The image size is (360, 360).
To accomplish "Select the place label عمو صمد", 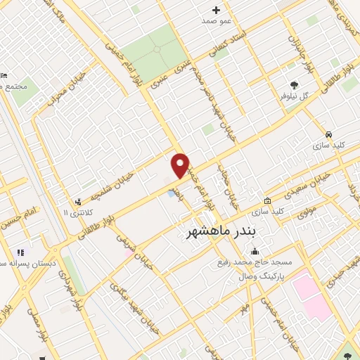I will pyautogui.click(x=217, y=22).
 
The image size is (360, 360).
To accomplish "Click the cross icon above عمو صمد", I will pyautogui.click(x=217, y=10).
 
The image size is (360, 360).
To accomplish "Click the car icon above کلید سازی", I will pyautogui.click(x=328, y=134).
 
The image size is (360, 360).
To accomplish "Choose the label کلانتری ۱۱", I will pyautogui.click(x=77, y=211).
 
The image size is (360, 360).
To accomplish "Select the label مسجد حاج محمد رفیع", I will pyautogui.click(x=253, y=263).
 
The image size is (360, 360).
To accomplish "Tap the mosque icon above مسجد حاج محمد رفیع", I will pyautogui.click(x=254, y=251).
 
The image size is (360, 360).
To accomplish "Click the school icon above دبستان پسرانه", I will pyautogui.click(x=20, y=252).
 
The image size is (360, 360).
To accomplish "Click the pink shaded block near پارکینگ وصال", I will pyautogui.click(x=311, y=296).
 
